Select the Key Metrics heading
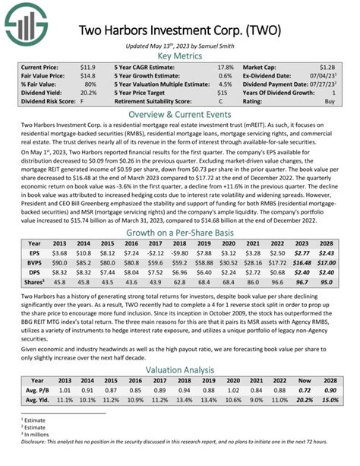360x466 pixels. coord(180,56)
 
